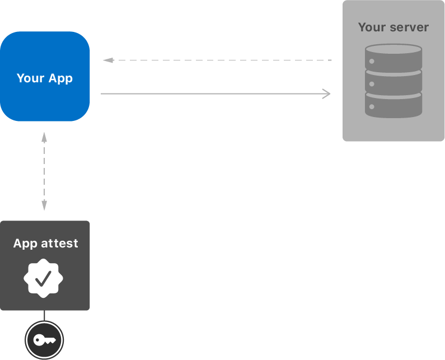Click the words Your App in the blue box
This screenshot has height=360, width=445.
[45, 78]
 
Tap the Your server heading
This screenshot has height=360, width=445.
[394, 27]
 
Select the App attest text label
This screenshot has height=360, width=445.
[45, 244]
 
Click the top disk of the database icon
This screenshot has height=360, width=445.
[394, 57]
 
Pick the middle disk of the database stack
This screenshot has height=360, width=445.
[394, 82]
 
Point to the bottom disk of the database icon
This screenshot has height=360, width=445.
[394, 105]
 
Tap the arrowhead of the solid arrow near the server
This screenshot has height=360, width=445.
[327, 93]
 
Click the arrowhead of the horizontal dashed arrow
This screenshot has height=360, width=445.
[107, 60]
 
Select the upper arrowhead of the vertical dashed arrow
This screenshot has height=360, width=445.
[44, 136]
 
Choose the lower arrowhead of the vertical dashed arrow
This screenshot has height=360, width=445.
[44, 205]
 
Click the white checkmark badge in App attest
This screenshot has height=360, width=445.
[44, 278]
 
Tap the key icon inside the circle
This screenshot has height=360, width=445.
[44, 340]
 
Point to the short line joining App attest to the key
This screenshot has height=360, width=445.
[44, 315]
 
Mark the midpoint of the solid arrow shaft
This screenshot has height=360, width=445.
[216, 93]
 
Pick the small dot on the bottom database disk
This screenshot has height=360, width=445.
[372, 106]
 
